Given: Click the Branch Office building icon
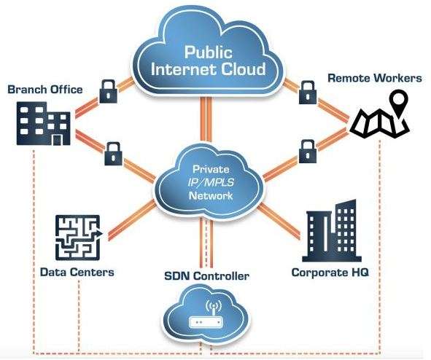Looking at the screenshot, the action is (x=44, y=123).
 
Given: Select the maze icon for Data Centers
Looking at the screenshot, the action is (x=79, y=238).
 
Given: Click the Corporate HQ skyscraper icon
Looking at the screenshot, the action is (x=332, y=231).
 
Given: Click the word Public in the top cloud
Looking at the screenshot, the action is (x=208, y=52).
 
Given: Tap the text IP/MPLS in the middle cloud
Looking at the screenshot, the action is (x=211, y=182).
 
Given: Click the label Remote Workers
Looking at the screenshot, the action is (x=375, y=78).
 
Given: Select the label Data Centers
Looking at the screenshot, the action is (x=77, y=272).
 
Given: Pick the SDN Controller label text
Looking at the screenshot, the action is (x=206, y=275).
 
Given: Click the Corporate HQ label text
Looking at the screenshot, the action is (x=330, y=273).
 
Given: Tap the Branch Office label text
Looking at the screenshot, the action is (x=44, y=90).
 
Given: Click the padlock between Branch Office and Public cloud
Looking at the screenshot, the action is (x=109, y=91).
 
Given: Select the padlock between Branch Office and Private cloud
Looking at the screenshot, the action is (x=114, y=154).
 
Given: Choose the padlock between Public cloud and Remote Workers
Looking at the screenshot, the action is (x=308, y=93).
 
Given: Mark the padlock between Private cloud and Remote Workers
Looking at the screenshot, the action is (x=308, y=152).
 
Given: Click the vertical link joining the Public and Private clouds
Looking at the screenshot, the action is (x=206, y=120).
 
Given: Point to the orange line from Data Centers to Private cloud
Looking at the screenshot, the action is (x=132, y=220).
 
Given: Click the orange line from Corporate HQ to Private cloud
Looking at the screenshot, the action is (x=279, y=221).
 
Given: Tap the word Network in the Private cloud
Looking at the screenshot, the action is (x=211, y=196).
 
